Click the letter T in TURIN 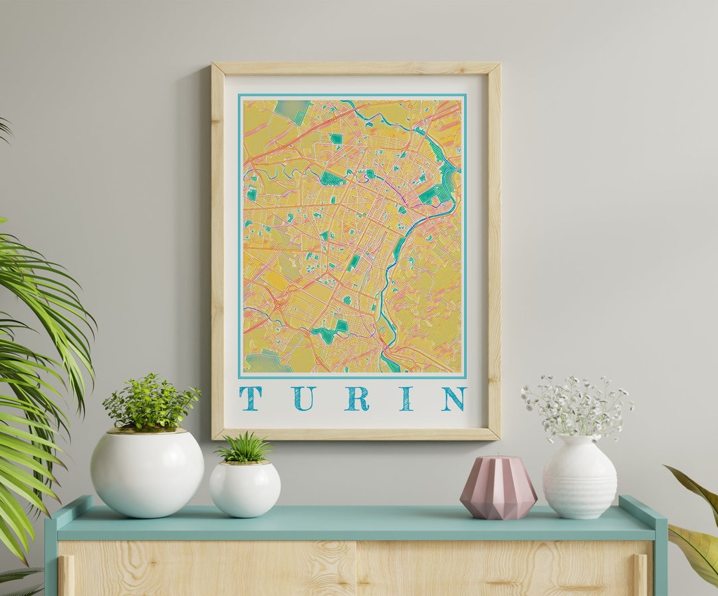tap(251, 398)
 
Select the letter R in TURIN tap(357, 398)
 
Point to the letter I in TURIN tap(406, 398)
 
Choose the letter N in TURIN tap(454, 398)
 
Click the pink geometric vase tap(498, 487)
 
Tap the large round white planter tap(147, 473)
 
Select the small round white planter tap(245, 489)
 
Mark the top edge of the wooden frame tap(356, 68)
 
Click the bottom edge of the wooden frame tap(356, 434)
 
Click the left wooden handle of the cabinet tap(66, 575)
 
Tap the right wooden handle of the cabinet tap(640, 575)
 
